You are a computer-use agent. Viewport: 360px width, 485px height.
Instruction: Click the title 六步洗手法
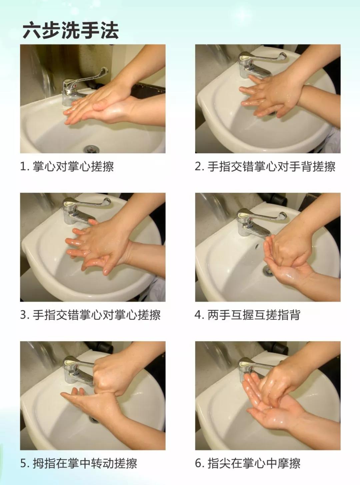(71, 31)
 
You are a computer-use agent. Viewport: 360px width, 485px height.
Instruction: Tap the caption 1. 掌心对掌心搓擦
(67, 167)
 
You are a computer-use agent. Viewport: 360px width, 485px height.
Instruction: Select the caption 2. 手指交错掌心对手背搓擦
(265, 167)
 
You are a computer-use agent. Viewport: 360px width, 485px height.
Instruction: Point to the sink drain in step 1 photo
(91, 149)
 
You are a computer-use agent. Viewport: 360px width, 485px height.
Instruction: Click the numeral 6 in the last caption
(198, 463)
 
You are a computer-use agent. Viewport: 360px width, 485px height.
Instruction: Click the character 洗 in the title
(71, 31)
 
